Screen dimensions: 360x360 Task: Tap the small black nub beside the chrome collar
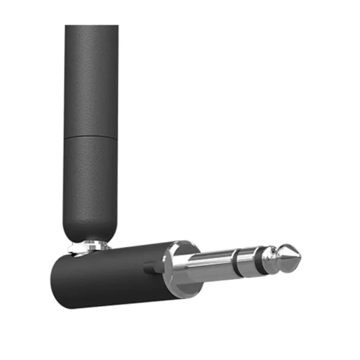point(150,266)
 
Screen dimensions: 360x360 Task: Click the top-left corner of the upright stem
point(66,27)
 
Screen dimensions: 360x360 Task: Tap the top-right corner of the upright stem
point(117,27)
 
